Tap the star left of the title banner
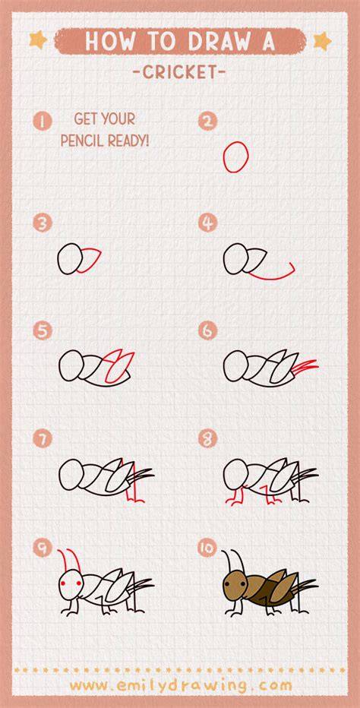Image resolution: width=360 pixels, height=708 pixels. click(38, 40)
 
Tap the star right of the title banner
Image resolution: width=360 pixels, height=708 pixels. click(323, 41)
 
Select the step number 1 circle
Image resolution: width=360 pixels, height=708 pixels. click(42, 122)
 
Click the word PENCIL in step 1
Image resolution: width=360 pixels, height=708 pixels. click(82, 141)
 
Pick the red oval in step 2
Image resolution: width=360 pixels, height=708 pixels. click(235, 156)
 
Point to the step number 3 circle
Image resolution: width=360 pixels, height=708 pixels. click(42, 223)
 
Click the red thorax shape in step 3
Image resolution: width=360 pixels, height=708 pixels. click(89, 260)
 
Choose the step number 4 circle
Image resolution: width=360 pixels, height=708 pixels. click(208, 223)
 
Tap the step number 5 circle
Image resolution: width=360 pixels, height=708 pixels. click(42, 331)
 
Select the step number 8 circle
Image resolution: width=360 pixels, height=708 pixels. click(208, 438)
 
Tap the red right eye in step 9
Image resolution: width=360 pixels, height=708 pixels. click(78, 583)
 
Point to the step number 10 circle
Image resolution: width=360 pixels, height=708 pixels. click(208, 548)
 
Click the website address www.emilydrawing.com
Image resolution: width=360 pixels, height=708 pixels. click(181, 685)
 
